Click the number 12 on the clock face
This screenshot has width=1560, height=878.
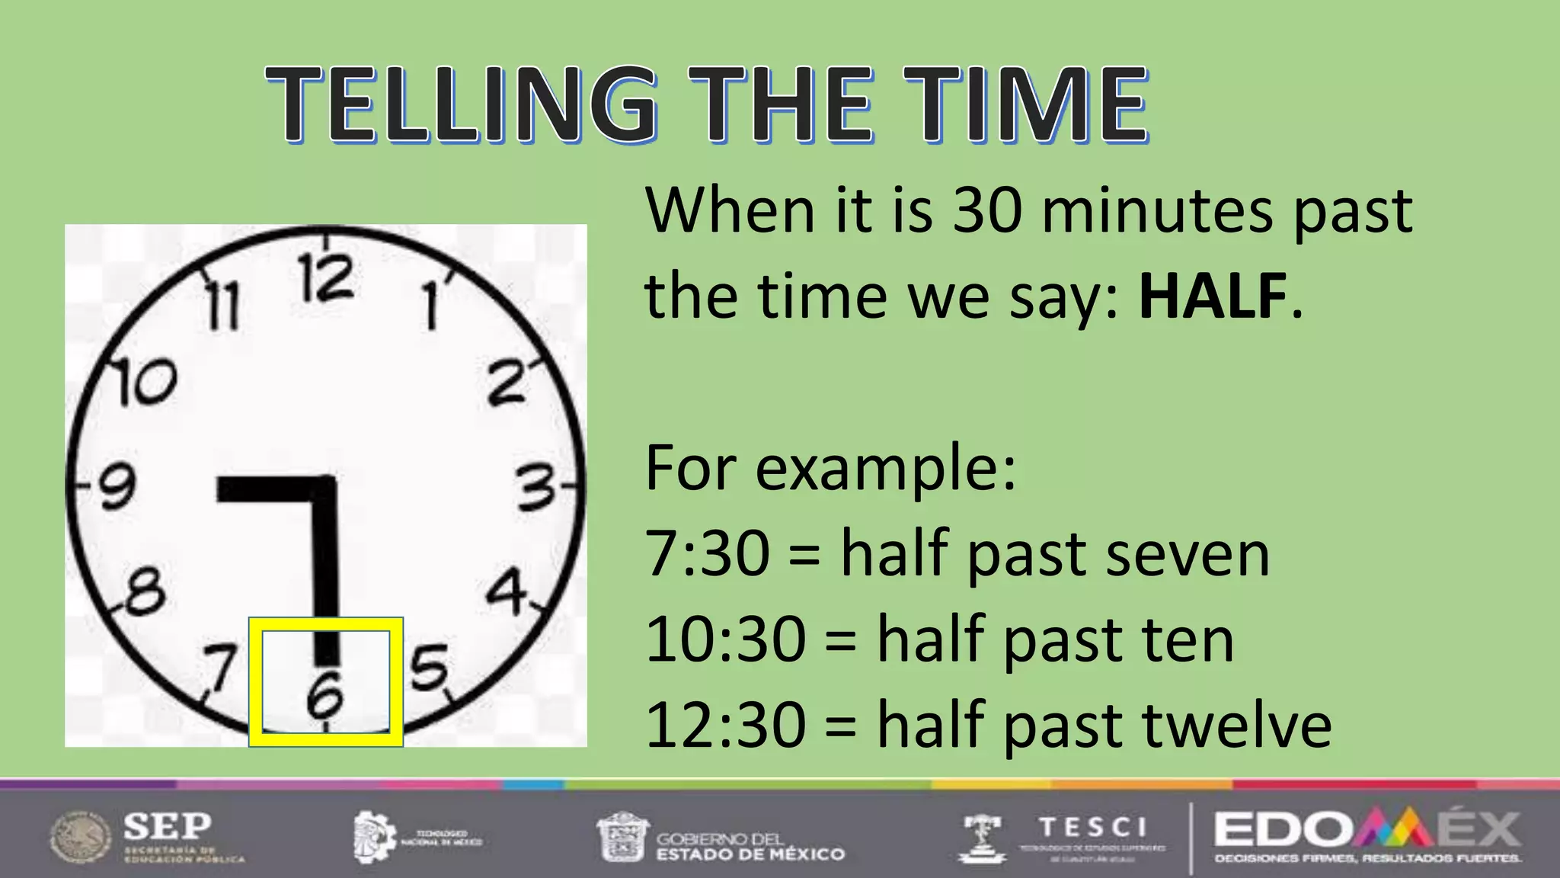tap(326, 277)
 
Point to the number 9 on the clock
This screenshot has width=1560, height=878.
tap(117, 486)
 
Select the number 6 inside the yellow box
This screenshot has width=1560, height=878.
tap(325, 695)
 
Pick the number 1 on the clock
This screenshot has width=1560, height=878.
tap(431, 305)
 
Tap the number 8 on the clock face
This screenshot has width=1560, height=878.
tap(144, 591)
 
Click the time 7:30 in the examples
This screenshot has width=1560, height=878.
tap(708, 554)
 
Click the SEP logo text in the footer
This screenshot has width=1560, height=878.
tap(168, 825)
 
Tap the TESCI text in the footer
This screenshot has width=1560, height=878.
tap(1093, 827)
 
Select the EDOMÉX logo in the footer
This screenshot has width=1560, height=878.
tap(1367, 831)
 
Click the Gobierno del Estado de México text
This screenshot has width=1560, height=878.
tap(750, 846)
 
